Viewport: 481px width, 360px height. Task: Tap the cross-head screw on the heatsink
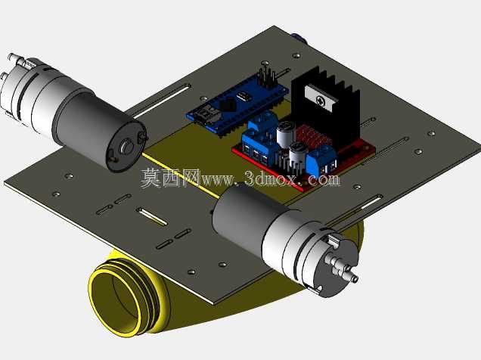(x=321, y=101)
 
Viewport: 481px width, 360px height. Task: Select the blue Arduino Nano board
(x=237, y=105)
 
